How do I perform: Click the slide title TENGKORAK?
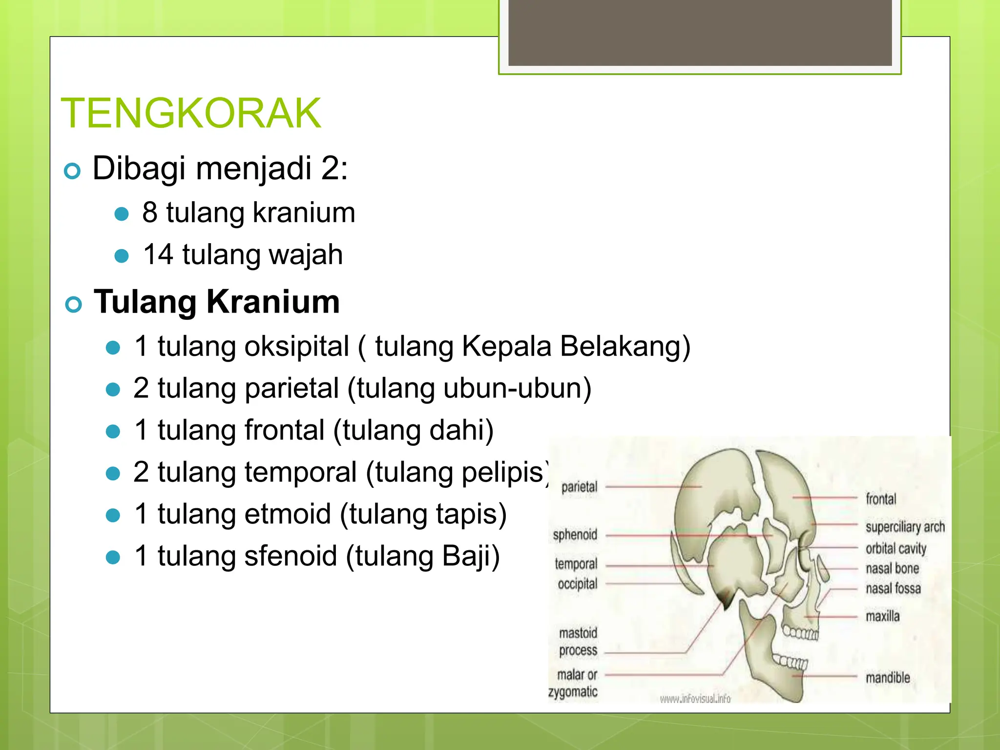tap(191, 113)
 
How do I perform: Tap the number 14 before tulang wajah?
tap(158, 255)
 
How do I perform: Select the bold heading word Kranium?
tap(273, 302)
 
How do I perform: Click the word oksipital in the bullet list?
tap(297, 347)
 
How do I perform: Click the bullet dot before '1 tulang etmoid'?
tap(113, 515)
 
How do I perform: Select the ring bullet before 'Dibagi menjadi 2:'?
tap(72, 171)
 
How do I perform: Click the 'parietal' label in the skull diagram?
tap(579, 487)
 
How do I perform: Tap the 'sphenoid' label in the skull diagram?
tap(575, 535)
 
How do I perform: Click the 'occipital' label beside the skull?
tap(578, 584)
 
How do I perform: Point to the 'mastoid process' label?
tap(578, 642)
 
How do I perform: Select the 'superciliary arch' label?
tap(905, 527)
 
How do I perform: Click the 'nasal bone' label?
tap(892, 568)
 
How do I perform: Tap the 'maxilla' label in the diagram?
tap(882, 616)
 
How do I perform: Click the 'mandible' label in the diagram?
tap(888, 678)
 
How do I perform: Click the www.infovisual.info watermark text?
tap(695, 699)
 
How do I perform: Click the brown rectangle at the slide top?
tap(700, 32)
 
